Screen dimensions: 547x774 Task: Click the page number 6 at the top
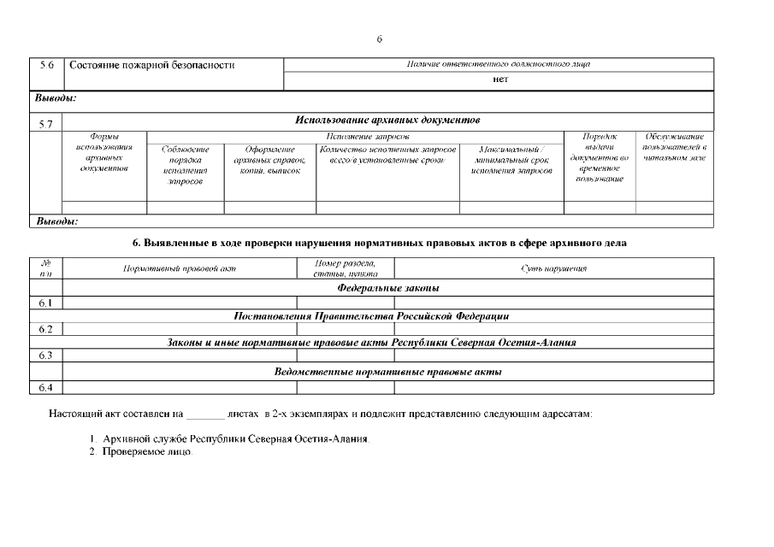tap(379, 39)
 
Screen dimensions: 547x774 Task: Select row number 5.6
tap(47, 66)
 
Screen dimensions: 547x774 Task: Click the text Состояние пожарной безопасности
tap(151, 66)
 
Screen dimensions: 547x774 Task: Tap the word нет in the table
tap(500, 79)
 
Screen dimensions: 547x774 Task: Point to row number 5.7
tap(47, 125)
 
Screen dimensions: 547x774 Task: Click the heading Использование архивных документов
tap(387, 120)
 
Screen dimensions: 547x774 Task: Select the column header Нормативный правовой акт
tap(180, 268)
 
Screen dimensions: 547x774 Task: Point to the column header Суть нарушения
tap(553, 268)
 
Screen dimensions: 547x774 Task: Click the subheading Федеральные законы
tap(388, 288)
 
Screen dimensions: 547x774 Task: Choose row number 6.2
tap(47, 328)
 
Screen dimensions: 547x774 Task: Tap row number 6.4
tap(47, 387)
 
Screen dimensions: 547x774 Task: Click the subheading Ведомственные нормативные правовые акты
tap(387, 372)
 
